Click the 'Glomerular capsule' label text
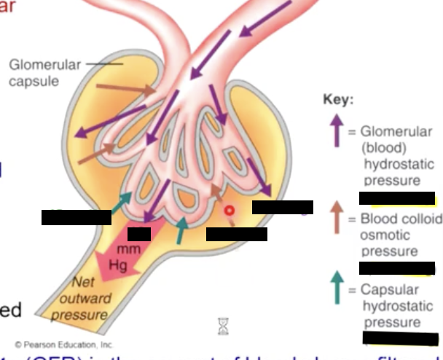tap(44, 73)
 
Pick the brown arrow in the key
tap(337, 217)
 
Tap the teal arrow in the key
tap(337, 287)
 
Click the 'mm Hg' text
tap(118, 257)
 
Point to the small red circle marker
tap(229, 211)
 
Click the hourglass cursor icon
tap(223, 324)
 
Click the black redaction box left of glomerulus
tap(76, 216)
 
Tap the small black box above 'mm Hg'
tap(138, 234)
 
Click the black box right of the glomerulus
tap(282, 207)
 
